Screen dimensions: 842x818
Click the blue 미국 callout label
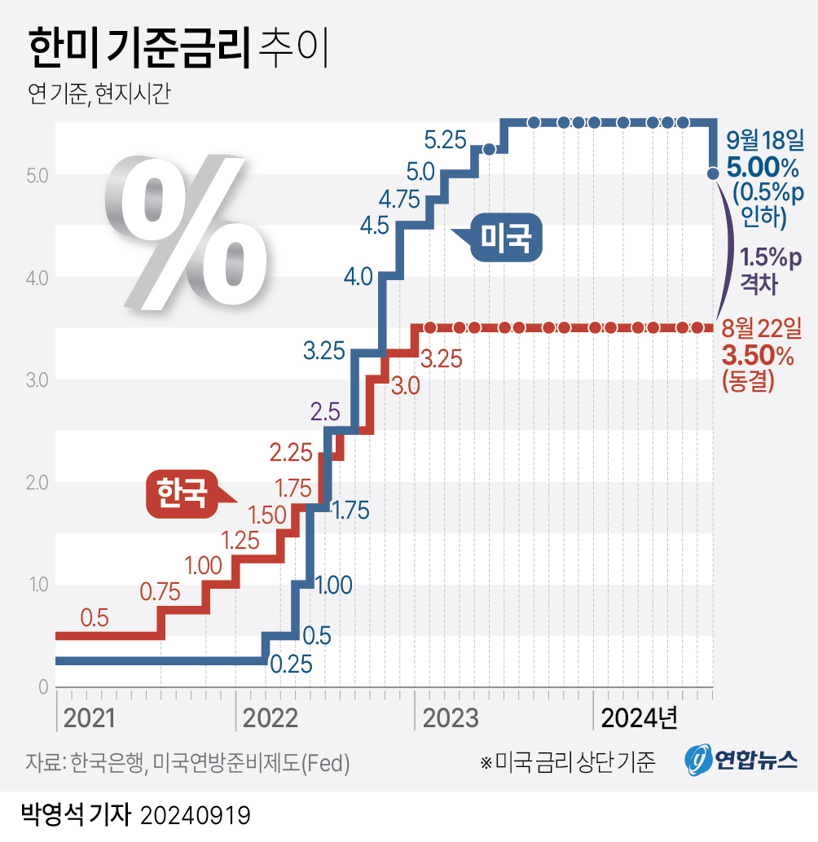[x=505, y=238]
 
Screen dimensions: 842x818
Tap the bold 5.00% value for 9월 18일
[x=763, y=169]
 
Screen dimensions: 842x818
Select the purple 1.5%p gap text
[x=770, y=259]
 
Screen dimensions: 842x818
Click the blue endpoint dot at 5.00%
[x=713, y=173]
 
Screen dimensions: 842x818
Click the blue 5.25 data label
[x=445, y=139]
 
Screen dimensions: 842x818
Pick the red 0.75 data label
[x=160, y=592]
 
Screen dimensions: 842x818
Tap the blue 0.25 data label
[x=291, y=665]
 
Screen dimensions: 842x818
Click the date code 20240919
[x=196, y=813]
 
